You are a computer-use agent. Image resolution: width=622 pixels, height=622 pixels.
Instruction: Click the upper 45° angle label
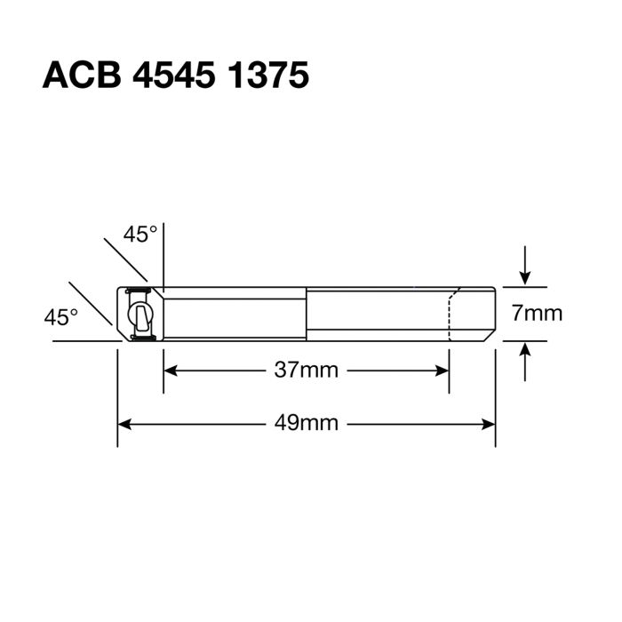140,235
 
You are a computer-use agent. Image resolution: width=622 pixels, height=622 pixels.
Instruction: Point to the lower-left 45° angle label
61,315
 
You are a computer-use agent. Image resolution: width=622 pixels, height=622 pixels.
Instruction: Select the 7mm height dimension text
537,314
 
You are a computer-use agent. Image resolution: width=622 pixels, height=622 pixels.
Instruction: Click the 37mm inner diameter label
306,371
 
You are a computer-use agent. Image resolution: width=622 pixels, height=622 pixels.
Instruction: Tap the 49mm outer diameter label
306,423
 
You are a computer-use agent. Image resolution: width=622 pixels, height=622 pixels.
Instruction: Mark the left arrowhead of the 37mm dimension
171,371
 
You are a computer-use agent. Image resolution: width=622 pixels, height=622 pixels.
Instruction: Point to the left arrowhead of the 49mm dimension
126,423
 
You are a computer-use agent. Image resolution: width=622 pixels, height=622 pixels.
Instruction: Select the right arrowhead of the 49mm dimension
487,423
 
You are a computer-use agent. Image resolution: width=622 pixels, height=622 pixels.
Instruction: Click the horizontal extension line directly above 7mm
524,287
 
